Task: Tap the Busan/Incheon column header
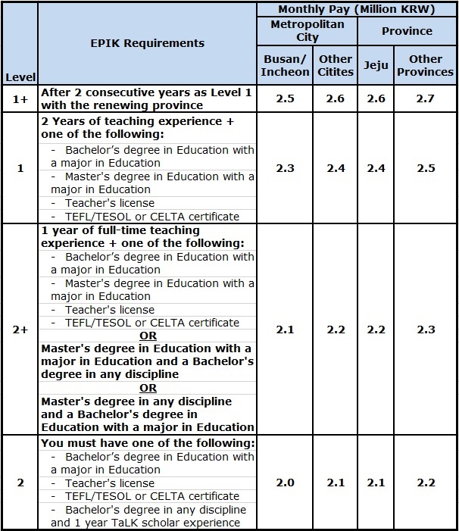point(286,65)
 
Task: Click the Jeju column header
point(376,65)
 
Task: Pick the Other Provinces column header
point(425,65)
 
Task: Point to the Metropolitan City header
point(308,31)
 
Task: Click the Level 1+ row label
point(20,98)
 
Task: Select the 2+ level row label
point(20,330)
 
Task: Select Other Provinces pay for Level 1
point(425,168)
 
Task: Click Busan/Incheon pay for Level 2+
point(286,330)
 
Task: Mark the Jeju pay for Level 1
point(376,168)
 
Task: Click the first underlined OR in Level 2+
point(148,336)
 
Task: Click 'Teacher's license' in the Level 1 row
point(109,203)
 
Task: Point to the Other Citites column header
point(336,65)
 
